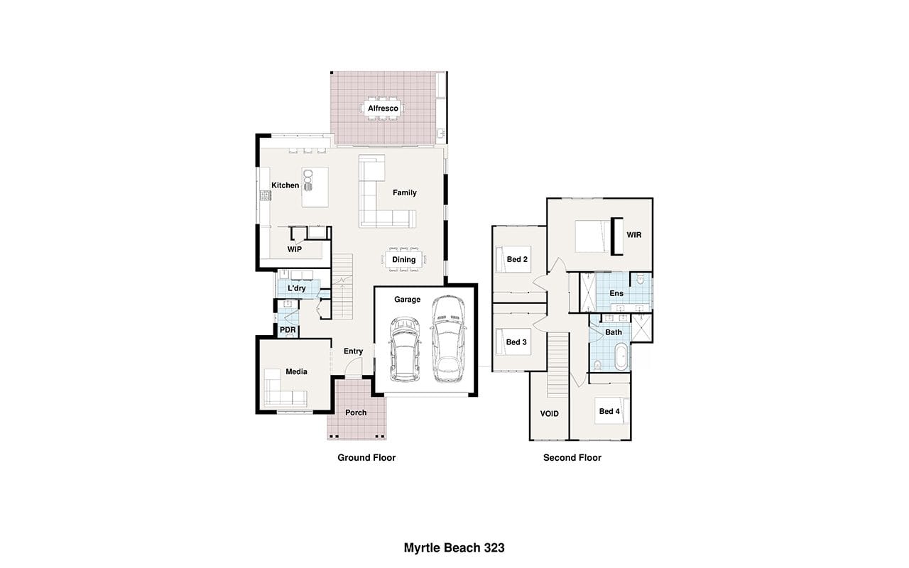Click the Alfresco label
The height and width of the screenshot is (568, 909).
tap(383, 109)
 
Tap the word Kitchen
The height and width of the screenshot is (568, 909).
tap(285, 185)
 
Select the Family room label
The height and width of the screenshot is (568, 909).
tap(405, 192)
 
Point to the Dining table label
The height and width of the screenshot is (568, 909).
tap(404, 260)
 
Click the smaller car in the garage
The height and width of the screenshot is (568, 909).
tap(405, 349)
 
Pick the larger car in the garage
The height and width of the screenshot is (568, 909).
tap(448, 339)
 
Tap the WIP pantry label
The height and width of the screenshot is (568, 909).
tap(294, 249)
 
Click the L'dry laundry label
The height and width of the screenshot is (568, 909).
tap(297, 288)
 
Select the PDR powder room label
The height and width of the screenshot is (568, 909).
tap(288, 330)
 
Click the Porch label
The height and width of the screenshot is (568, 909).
tap(356, 413)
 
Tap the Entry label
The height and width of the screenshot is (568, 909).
tap(353, 351)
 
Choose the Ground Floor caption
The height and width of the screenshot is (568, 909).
tap(366, 458)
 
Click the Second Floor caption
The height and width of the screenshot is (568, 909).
tap(572, 458)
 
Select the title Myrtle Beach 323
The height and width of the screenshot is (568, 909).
tap(454, 547)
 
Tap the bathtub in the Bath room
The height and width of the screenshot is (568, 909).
tap(621, 356)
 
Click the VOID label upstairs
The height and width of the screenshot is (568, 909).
tap(550, 414)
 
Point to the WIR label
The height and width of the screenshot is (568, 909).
tap(634, 235)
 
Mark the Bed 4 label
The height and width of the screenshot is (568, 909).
tap(609, 411)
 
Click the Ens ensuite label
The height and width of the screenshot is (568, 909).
tap(616, 293)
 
